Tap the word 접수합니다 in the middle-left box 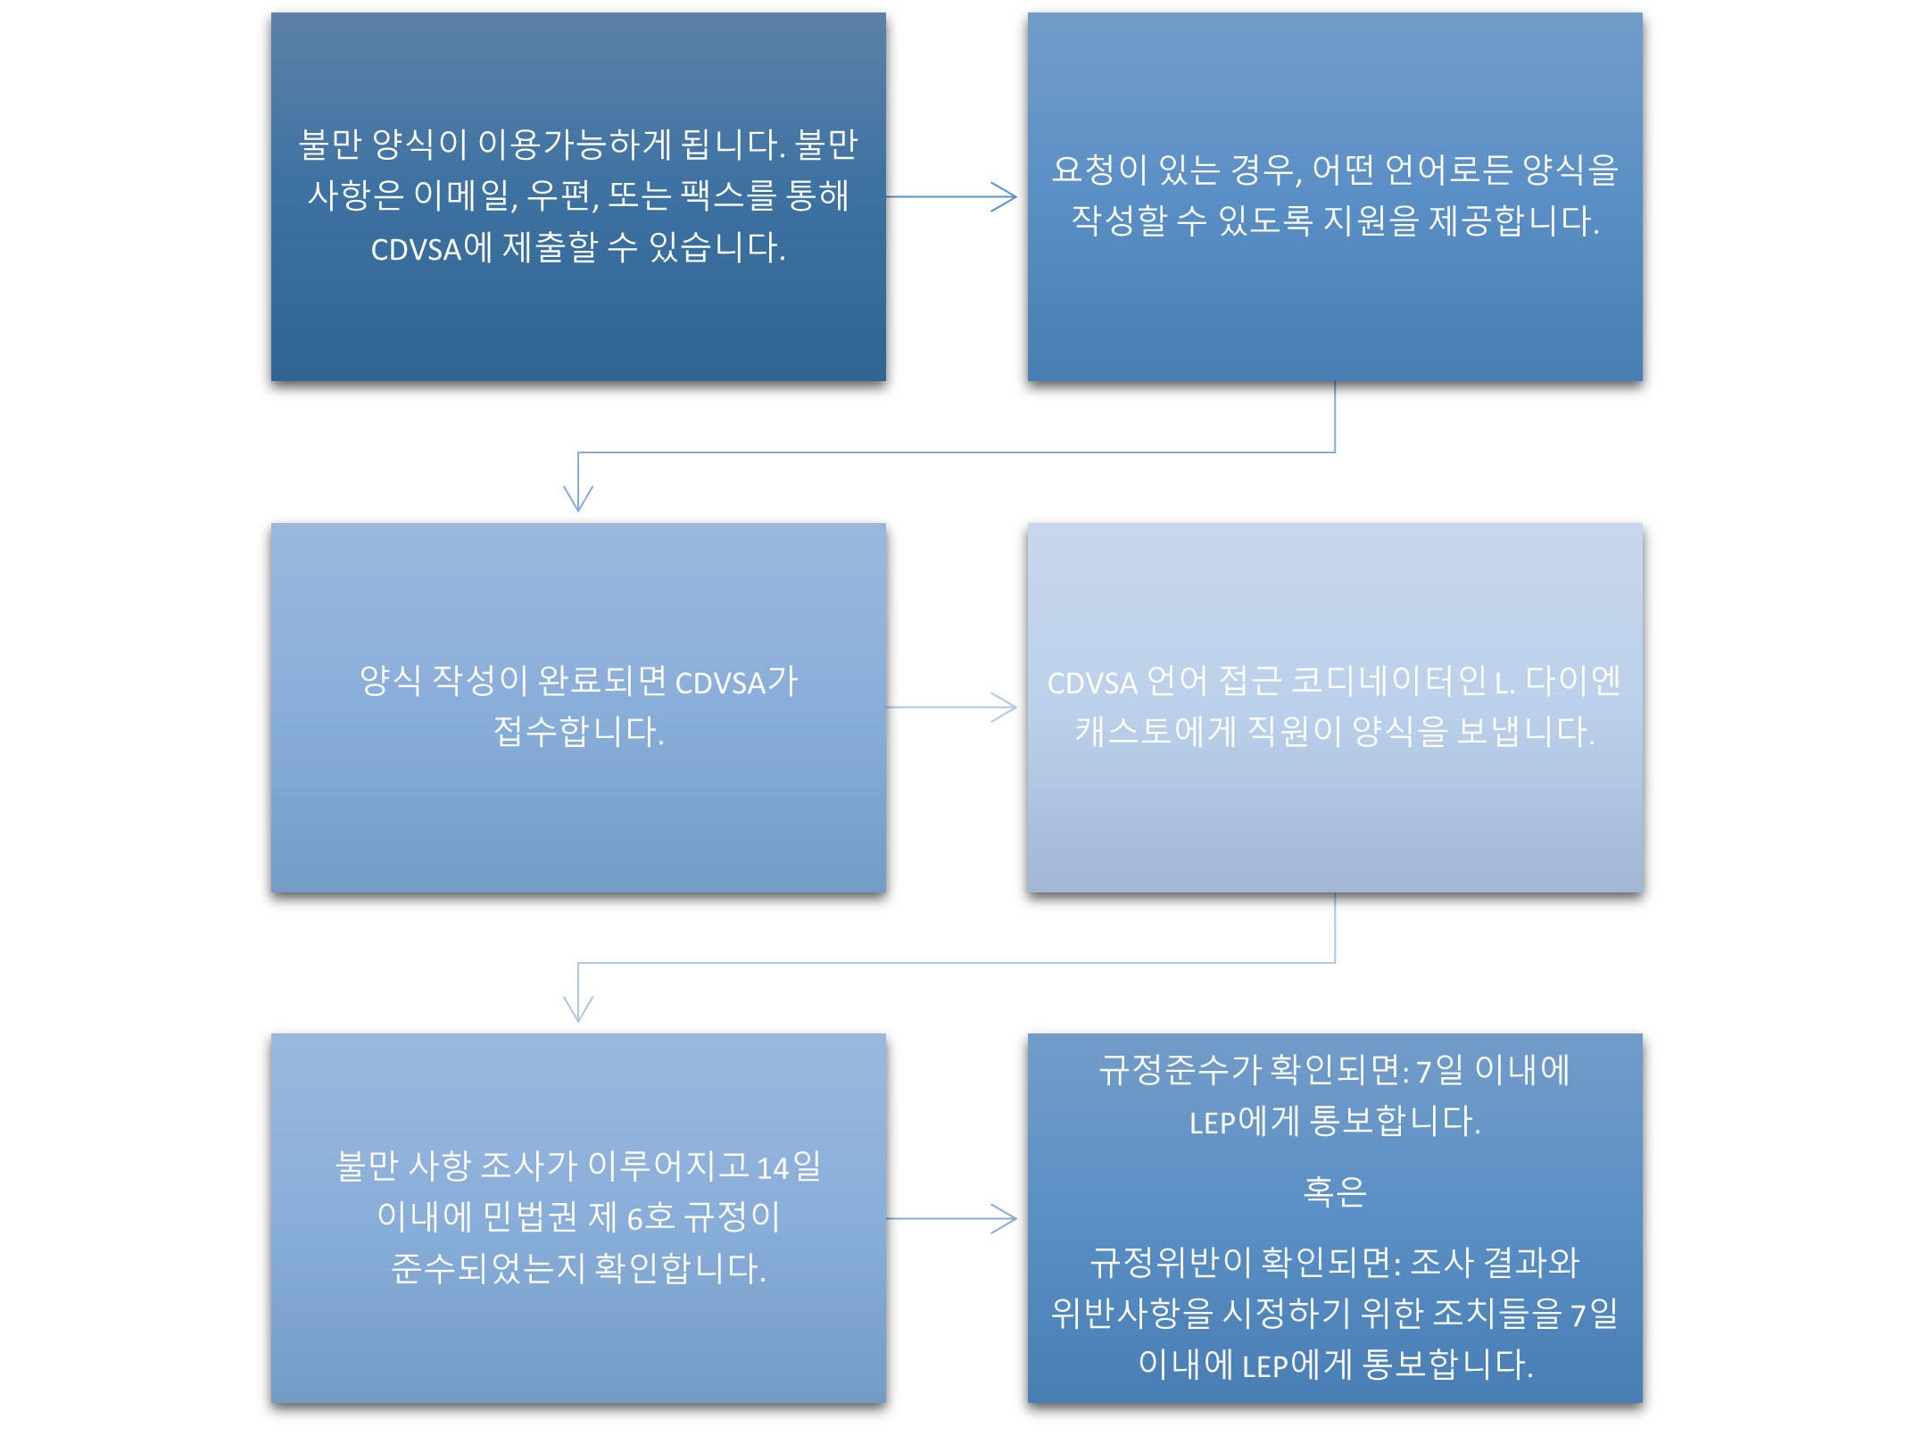(578, 732)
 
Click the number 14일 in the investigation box (789, 1166)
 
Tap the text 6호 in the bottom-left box (650, 1217)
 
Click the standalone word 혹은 (1335, 1191)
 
